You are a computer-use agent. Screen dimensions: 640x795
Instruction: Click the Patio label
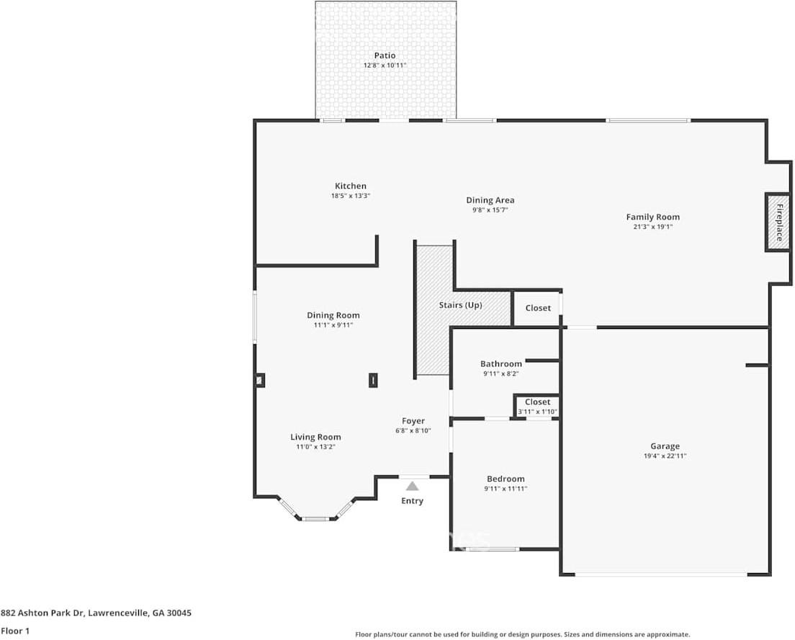[x=385, y=55]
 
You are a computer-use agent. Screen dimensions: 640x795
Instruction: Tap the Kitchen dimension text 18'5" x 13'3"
[x=350, y=196]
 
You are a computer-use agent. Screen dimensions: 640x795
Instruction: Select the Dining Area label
[x=490, y=200]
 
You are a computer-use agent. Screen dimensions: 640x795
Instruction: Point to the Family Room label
[x=652, y=217]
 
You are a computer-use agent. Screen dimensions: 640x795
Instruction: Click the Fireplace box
[x=778, y=222]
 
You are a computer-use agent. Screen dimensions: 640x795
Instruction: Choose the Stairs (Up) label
[x=460, y=305]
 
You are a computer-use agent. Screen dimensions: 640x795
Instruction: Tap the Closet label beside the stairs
[x=537, y=308]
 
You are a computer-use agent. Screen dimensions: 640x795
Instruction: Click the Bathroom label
[x=500, y=364]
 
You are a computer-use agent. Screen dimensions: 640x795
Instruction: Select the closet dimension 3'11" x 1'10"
[x=537, y=412]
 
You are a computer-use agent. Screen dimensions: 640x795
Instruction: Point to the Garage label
[x=664, y=446]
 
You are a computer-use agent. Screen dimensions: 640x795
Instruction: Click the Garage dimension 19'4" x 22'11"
[x=664, y=456]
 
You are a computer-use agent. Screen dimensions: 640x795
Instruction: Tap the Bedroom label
[x=506, y=479]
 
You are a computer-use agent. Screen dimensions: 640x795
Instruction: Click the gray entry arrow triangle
[x=412, y=487]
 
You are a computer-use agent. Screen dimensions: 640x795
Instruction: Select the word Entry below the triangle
[x=412, y=501]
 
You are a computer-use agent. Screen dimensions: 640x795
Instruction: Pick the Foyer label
[x=413, y=421]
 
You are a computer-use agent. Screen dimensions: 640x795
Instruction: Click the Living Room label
[x=315, y=437]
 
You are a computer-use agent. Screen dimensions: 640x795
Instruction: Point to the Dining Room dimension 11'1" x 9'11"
[x=333, y=325]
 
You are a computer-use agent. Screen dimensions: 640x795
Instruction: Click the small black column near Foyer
[x=373, y=380]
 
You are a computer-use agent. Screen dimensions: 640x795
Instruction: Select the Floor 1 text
[x=16, y=631]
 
